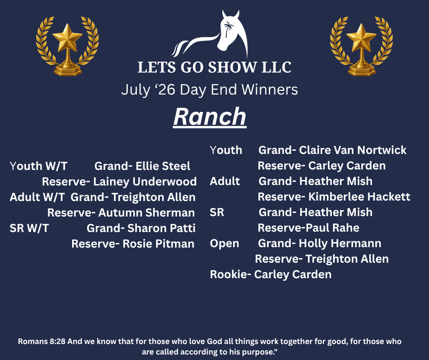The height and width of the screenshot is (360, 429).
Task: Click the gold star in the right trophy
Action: click(x=361, y=37)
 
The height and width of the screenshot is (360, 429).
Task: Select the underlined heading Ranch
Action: click(x=210, y=116)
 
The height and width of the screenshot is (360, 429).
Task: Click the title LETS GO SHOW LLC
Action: click(x=214, y=68)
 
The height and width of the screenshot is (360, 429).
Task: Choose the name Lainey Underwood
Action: click(x=145, y=182)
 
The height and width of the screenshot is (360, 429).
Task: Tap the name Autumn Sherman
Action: click(x=146, y=213)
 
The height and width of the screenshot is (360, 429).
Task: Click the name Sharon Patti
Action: click(x=162, y=228)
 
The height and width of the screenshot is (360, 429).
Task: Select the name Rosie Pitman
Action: click(x=158, y=244)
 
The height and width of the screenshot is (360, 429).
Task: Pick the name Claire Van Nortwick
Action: click(x=353, y=150)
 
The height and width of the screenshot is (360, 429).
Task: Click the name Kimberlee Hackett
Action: click(x=359, y=197)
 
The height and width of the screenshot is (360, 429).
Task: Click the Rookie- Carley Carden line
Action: click(x=271, y=275)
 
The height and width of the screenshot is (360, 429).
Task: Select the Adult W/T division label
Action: click(x=37, y=197)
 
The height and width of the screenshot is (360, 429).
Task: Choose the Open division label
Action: click(x=225, y=244)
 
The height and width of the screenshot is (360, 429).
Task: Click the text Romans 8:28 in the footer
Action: click(x=42, y=341)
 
